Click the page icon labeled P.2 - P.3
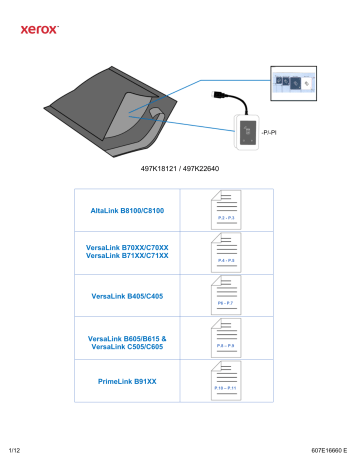pos(226,211)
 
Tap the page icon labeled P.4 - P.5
pos(226,253)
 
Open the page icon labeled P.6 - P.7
pos(226,296)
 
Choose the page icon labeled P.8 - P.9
pos(226,340)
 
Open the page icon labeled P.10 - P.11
pos(226,382)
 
